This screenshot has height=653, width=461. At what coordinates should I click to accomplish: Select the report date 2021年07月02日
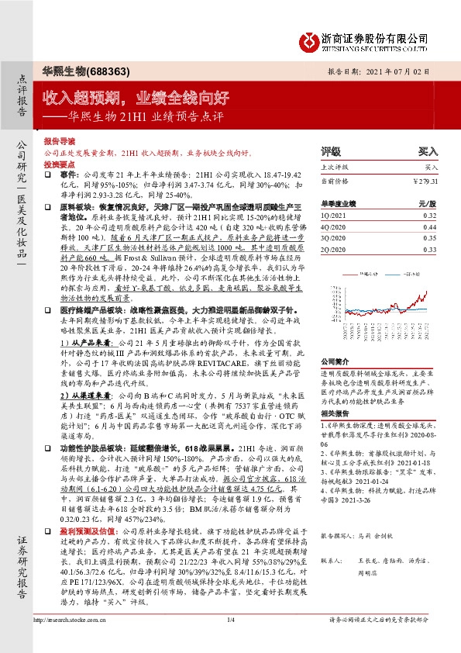click(409, 70)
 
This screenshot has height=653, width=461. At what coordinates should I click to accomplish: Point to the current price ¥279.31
click(425, 181)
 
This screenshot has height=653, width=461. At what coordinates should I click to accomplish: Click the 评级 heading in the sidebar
click(331, 152)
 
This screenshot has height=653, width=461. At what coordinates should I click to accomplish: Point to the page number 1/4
click(230, 641)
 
